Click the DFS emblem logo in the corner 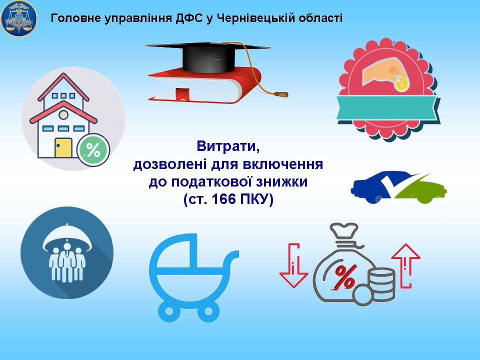click(19, 18)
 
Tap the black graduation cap click(208, 56)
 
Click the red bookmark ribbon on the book click(182, 93)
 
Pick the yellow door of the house click(63, 148)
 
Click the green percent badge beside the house click(93, 150)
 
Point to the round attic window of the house click(63, 115)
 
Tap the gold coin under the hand click(400, 83)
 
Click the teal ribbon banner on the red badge click(387, 107)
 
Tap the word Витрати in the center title click(228, 146)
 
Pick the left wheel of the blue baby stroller click(169, 311)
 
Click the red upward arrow click(406, 265)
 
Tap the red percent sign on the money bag click(345, 277)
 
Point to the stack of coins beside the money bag click(381, 284)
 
